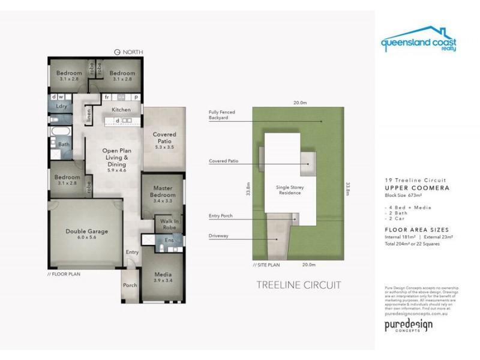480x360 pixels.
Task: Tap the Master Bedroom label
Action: (x=163, y=191)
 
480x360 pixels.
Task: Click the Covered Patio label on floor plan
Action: (x=164, y=138)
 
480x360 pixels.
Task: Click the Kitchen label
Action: (x=121, y=110)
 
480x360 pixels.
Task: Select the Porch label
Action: (x=130, y=286)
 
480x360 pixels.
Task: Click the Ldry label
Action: (x=61, y=106)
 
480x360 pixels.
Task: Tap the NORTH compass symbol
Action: (x=117, y=52)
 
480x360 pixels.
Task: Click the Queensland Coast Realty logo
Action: (x=418, y=40)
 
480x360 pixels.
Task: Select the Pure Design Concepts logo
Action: (x=408, y=326)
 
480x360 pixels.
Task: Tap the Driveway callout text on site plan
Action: (x=218, y=235)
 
